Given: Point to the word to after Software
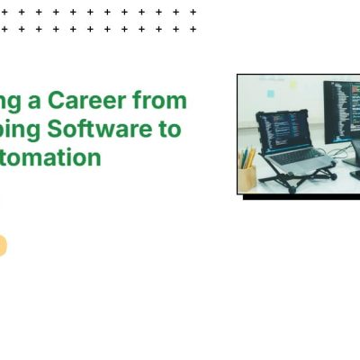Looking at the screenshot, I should tap(170, 129).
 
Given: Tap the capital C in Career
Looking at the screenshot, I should tap(56, 100).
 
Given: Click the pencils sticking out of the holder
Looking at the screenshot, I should tap(247, 158).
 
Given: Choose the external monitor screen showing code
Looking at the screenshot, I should tap(343, 112).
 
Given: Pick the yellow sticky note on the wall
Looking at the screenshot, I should tap(292, 85).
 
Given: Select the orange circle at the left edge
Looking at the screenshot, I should tap(2, 246).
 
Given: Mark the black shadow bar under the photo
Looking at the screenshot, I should tap(301, 197).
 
